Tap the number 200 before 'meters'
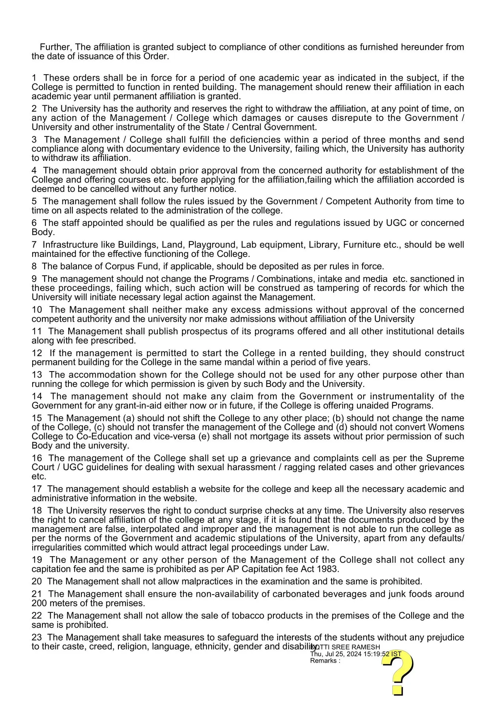(x=39, y=603)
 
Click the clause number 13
(x=37, y=375)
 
